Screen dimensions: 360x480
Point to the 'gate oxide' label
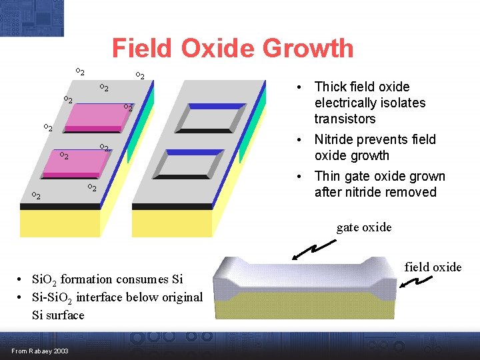(x=364, y=227)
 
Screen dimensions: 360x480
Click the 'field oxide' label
(x=433, y=267)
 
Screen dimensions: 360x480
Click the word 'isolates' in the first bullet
(x=402, y=103)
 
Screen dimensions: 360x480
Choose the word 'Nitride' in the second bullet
(x=336, y=139)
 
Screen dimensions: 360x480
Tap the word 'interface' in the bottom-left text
(x=104, y=297)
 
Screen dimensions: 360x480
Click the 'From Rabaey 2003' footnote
(x=39, y=351)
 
